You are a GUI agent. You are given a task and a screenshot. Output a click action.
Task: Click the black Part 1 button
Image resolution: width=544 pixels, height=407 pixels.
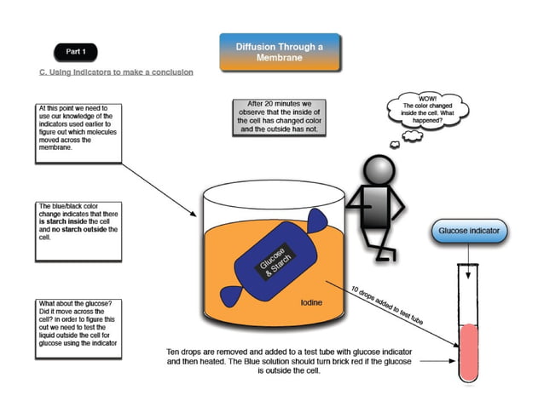76,51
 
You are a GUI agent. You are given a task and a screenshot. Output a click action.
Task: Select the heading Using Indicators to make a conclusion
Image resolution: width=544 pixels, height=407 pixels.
116,72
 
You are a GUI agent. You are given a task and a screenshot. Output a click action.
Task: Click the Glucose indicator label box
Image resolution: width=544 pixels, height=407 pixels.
468,231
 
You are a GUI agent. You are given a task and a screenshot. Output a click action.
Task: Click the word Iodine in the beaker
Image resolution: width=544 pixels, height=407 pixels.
311,301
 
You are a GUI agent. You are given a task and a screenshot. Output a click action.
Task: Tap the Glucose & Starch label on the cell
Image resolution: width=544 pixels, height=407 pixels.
273,264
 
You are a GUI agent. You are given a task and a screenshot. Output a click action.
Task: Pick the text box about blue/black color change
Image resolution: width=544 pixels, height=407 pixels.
79,221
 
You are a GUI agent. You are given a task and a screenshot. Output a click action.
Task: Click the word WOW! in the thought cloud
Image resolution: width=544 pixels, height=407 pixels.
427,97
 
